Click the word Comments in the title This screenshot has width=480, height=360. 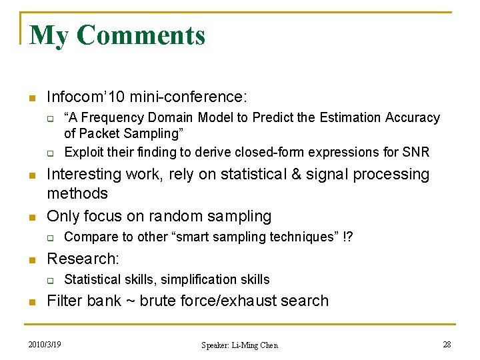[x=141, y=35]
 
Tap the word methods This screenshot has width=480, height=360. [x=77, y=194]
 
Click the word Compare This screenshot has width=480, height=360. [x=87, y=237]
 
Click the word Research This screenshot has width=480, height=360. [x=81, y=258]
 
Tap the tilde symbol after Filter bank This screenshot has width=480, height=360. [x=128, y=301]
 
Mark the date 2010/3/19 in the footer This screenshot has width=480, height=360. [x=45, y=345]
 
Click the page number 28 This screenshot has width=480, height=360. [x=447, y=345]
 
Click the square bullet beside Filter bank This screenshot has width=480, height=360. [x=31, y=301]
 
